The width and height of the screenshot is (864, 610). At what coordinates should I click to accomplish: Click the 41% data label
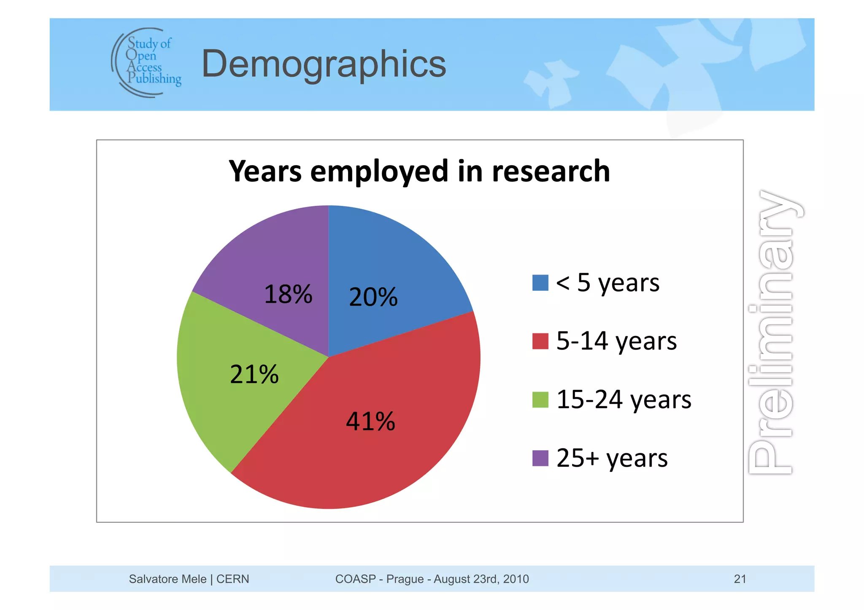(370, 421)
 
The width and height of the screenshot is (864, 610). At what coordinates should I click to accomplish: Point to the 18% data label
(288, 294)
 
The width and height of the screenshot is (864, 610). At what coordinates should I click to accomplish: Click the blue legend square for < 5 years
(540, 283)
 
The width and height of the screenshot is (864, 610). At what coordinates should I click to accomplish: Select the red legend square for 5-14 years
(540, 341)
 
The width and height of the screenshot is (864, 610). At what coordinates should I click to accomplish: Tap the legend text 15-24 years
(624, 400)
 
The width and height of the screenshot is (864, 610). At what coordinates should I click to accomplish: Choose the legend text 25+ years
(612, 458)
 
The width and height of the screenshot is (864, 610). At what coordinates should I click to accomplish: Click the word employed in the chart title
(379, 172)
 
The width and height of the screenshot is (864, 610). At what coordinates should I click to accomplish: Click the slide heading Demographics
(324, 64)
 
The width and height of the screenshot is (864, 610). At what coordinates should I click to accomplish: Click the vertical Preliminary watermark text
(771, 333)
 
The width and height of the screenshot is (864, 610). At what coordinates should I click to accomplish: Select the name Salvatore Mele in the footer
(167, 579)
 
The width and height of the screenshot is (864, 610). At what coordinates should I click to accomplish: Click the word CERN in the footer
(232, 579)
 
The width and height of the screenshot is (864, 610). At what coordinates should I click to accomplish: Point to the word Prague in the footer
(405, 579)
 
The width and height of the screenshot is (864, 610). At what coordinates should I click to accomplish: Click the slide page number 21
(740, 579)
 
